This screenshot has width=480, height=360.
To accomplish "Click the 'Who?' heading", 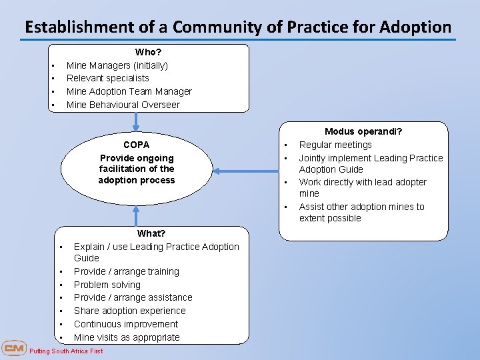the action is [148, 52].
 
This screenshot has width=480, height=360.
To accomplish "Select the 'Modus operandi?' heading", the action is [363, 132].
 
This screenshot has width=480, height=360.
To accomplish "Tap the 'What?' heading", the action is [151, 233].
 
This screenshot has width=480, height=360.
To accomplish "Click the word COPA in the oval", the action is [137, 145].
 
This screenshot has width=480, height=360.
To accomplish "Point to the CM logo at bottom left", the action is [13, 349].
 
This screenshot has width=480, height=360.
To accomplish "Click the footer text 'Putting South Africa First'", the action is [66, 351].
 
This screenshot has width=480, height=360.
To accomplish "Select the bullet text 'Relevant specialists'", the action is [107, 78].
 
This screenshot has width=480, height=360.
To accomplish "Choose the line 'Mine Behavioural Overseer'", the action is [123, 105].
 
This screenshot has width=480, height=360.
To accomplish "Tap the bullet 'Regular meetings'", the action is [335, 145].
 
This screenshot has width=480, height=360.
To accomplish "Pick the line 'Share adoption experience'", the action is [129, 311].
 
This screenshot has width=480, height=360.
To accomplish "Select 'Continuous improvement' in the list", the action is [126, 324].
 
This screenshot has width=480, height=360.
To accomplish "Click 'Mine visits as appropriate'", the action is [127, 337].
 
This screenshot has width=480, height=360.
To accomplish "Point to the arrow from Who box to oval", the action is [136, 121].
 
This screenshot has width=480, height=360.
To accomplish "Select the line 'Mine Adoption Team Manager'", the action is [129, 91].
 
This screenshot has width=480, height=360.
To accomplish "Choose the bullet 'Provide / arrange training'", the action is [126, 271].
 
